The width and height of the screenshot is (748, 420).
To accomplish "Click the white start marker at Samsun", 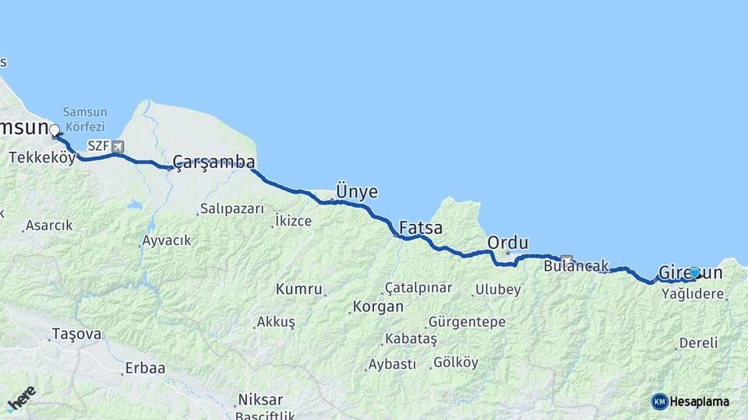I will (55, 130).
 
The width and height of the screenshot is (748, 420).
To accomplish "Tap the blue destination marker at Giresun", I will (694, 273).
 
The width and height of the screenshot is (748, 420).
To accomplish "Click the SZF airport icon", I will (118, 145).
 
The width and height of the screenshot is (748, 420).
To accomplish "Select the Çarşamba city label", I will (213, 162).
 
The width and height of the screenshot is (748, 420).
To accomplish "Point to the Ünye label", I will (356, 191).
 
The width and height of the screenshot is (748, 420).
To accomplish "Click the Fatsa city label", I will (421, 229).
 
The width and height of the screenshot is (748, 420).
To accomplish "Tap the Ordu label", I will (507, 243).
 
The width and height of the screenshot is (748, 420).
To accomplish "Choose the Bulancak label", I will (576, 266).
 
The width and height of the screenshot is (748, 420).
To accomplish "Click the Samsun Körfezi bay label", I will (84, 119).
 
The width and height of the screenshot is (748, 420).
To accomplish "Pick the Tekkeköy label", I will (42, 158).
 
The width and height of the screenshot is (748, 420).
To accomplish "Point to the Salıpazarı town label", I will (231, 208).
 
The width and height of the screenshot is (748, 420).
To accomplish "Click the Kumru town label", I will (298, 289).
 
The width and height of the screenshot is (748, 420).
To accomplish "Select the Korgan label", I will (378, 306).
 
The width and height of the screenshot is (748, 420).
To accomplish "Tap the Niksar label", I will (260, 400).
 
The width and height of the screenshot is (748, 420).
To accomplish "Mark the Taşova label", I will (76, 334).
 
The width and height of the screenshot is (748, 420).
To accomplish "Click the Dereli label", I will (698, 342).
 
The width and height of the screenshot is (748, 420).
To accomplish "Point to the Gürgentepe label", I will (467, 322).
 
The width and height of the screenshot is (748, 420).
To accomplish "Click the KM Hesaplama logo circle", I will (660, 401).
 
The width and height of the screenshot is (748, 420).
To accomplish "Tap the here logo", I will (21, 398).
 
